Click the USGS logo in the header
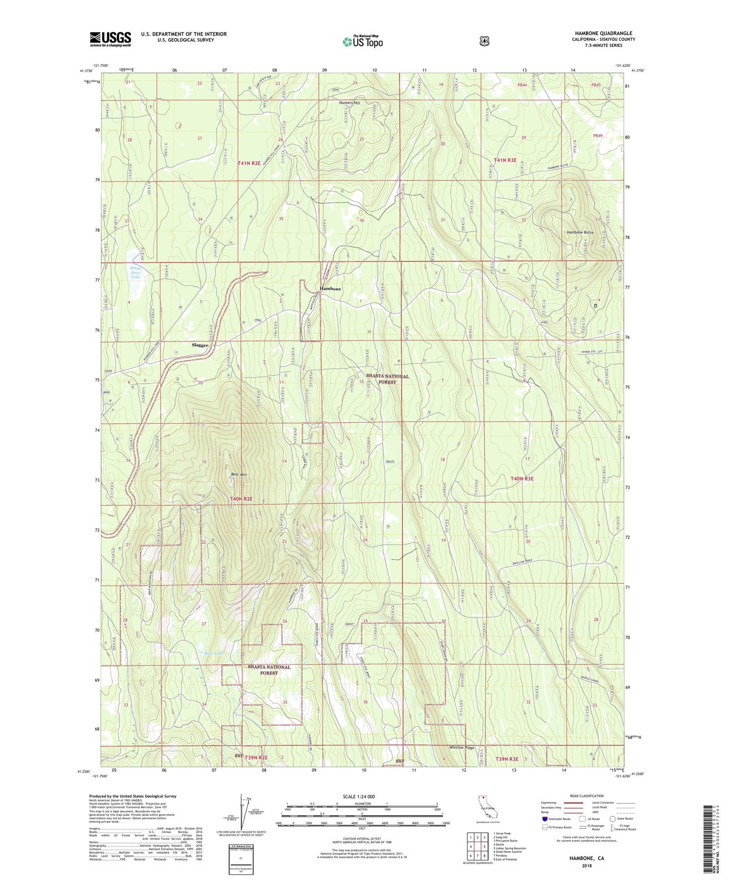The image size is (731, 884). [x=110, y=39]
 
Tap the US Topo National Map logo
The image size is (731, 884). [x=362, y=41]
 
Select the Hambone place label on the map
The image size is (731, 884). [x=330, y=289]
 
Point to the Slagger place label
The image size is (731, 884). [x=199, y=345]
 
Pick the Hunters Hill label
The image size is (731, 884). [x=349, y=103]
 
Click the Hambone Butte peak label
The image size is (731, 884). [x=580, y=233]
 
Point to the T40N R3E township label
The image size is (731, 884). [x=522, y=479]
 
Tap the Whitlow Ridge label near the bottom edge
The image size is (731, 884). [x=462, y=747]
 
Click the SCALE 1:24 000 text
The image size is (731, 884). [x=362, y=796]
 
